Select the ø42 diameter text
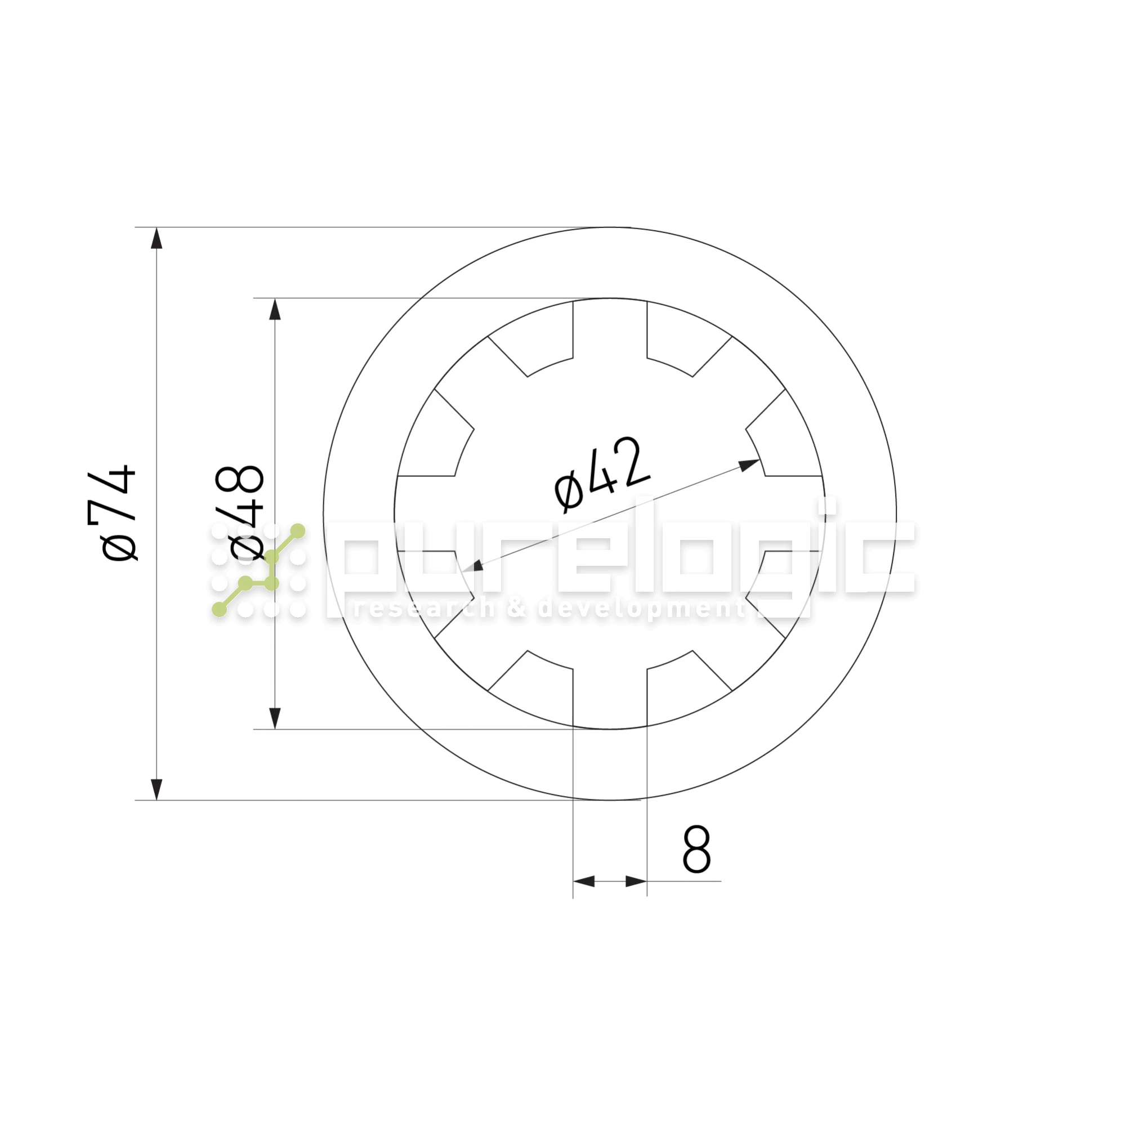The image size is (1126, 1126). click(602, 475)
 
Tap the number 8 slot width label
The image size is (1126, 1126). click(696, 849)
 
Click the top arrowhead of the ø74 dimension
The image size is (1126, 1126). click(157, 238)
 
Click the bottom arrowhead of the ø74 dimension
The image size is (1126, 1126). click(157, 789)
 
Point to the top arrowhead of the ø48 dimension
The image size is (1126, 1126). click(275, 310)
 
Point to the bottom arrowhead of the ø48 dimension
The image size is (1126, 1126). click(275, 718)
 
